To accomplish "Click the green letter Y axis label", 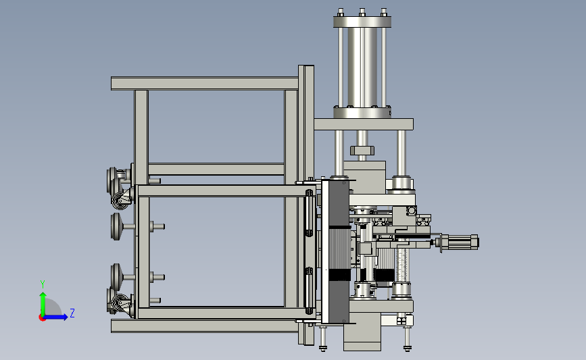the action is coord(43,284).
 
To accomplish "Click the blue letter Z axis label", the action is coord(72,313).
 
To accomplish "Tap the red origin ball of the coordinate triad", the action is coord(42,318).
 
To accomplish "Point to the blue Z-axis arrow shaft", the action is coord(55,317).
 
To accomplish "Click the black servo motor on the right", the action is coord(460,242).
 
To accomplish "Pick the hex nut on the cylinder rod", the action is coord(362,151).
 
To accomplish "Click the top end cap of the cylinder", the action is coord(362,22).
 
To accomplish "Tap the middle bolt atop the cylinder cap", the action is coord(362,12).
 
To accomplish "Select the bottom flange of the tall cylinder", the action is coord(362,113).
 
